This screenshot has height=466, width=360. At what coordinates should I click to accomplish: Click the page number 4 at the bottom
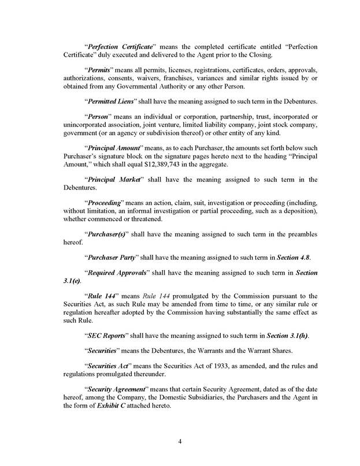click(x=180, y=442)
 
